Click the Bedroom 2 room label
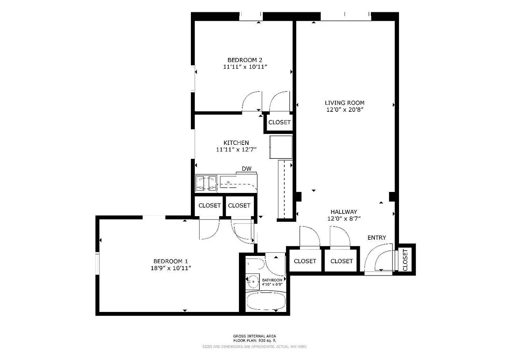click(x=245, y=60)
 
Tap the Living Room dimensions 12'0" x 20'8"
click(x=345, y=110)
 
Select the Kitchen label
click(x=236, y=143)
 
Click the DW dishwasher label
click(x=247, y=169)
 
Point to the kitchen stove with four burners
click(x=206, y=184)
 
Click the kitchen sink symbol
click(x=229, y=182)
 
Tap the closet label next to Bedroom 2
click(x=279, y=122)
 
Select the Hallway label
click(x=344, y=212)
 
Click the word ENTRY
click(x=376, y=238)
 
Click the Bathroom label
click(x=272, y=280)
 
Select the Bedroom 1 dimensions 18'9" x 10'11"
click(x=171, y=268)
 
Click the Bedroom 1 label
click(x=170, y=261)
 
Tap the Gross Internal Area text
click(x=254, y=336)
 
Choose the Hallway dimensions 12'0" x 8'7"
click(x=344, y=218)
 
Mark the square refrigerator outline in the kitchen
click(x=281, y=147)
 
